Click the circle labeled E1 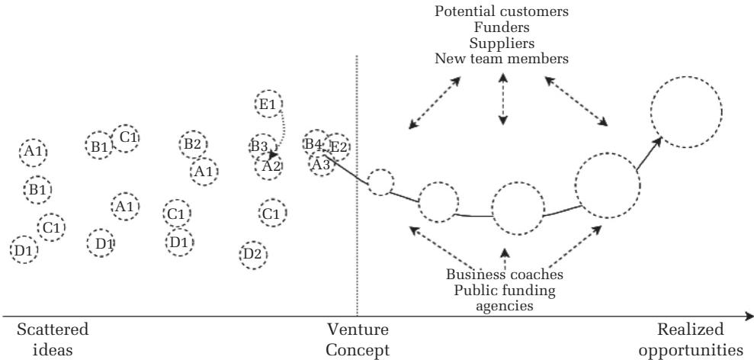[268, 104]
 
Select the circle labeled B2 [193, 144]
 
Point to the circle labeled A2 [271, 166]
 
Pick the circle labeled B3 [260, 146]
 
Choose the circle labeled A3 [321, 163]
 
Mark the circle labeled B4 [315, 143]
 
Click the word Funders [502, 27]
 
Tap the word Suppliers [502, 43]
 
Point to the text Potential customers [502, 12]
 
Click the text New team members [502, 58]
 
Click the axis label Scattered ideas [53, 339]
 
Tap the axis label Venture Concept [357, 339]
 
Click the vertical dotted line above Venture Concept [357, 229]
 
